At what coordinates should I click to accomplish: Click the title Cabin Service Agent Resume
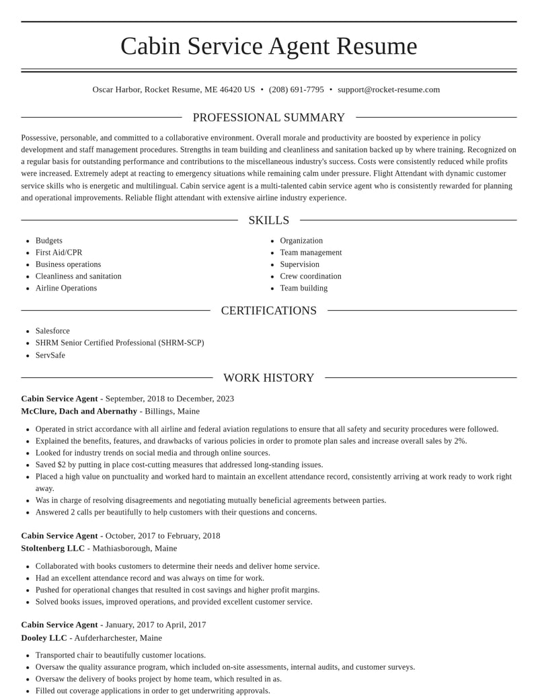pyautogui.click(x=269, y=46)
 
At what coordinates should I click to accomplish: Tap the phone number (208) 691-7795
pyautogui.click(x=296, y=89)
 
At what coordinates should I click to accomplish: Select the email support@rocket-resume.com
pyautogui.click(x=389, y=89)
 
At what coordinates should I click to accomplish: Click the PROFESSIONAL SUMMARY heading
pyautogui.click(x=269, y=118)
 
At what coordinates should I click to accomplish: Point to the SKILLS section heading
pyautogui.click(x=269, y=221)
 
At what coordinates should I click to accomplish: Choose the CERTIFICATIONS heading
pyautogui.click(x=269, y=311)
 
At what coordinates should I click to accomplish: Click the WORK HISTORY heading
pyautogui.click(x=269, y=378)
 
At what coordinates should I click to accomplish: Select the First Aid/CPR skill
pyautogui.click(x=59, y=253)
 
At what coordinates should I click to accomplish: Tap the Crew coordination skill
pyautogui.click(x=311, y=276)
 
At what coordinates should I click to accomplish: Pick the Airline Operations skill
pyautogui.click(x=66, y=288)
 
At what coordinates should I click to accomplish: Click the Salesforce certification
pyautogui.click(x=52, y=331)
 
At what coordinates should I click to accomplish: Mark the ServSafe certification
pyautogui.click(x=50, y=355)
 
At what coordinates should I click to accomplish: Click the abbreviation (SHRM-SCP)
pyautogui.click(x=181, y=343)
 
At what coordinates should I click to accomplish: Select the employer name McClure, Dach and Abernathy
pyautogui.click(x=79, y=411)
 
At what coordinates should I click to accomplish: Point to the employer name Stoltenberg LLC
pyautogui.click(x=53, y=548)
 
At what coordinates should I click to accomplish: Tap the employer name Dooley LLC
pyautogui.click(x=44, y=637)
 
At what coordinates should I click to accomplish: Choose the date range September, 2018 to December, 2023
pyautogui.click(x=169, y=399)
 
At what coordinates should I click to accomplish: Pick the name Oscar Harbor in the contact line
pyautogui.click(x=116, y=89)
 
